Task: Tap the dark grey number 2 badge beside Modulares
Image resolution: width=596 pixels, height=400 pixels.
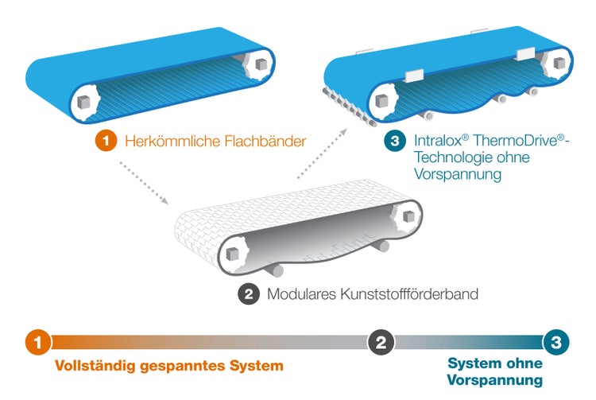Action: point(249,293)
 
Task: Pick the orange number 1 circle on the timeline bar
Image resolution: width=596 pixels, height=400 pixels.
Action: point(37,343)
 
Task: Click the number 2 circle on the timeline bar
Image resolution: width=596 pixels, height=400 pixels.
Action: point(381,343)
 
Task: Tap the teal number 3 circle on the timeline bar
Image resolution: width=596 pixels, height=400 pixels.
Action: point(555,343)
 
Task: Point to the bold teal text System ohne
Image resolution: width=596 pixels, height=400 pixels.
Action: point(495,363)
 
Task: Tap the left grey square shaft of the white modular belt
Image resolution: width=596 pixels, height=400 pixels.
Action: point(234,254)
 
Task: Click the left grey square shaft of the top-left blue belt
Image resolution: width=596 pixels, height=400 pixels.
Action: point(85,103)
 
